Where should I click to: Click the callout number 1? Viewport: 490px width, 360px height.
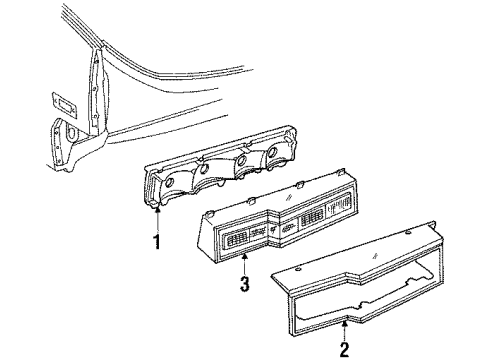156,241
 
